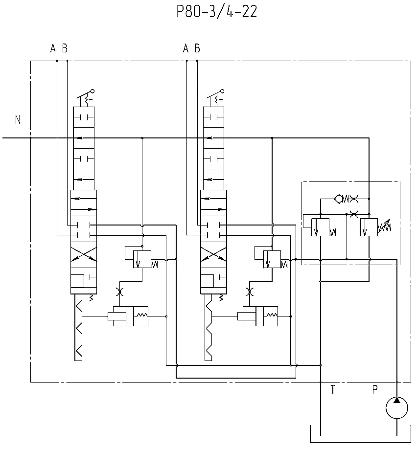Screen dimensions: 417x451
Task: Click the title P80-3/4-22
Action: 217,12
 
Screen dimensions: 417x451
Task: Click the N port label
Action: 18,119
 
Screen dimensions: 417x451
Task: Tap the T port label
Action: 333,389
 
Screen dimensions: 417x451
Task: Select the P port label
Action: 375,389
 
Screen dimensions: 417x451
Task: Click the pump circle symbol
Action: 397,408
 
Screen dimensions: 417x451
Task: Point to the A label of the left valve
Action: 53,48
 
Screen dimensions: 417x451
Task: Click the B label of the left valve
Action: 65,48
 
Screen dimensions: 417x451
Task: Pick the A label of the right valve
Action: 185,48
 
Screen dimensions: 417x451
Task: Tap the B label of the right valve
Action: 197,48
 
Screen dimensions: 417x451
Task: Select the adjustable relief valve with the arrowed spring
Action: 375,227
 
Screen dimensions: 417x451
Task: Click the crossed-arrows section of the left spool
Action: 84,254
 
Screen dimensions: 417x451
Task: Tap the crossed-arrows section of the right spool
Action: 213,254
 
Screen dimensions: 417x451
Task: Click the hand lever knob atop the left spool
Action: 93,91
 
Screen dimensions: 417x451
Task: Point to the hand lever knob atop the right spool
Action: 222,91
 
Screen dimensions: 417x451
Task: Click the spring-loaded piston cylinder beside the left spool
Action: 128,316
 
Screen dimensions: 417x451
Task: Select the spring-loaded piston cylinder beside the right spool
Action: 258,316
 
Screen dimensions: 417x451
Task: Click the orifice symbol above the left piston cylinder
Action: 119,292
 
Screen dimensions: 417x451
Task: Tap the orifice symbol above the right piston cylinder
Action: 250,292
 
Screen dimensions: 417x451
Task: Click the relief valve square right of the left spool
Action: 142,259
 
